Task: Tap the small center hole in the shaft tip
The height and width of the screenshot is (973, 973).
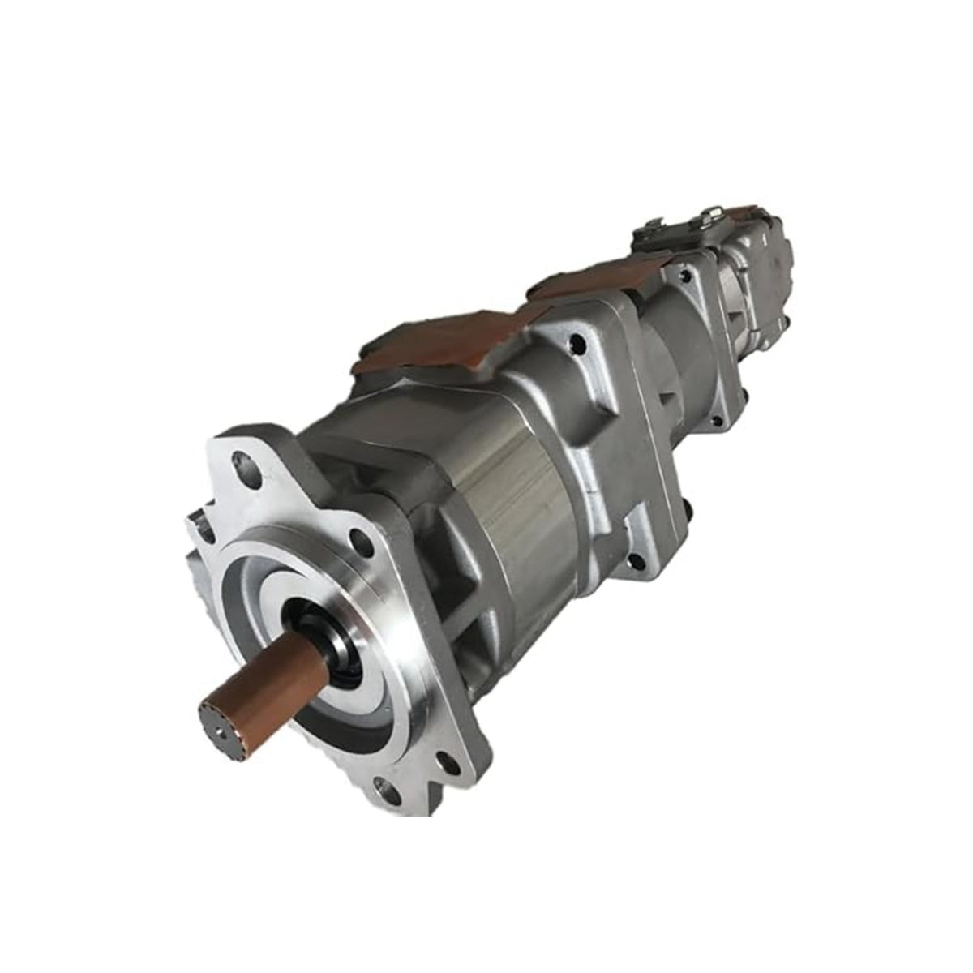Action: (217, 722)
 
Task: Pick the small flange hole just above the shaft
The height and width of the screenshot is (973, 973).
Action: (360, 541)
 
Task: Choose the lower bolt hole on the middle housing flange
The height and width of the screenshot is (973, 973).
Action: (638, 559)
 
